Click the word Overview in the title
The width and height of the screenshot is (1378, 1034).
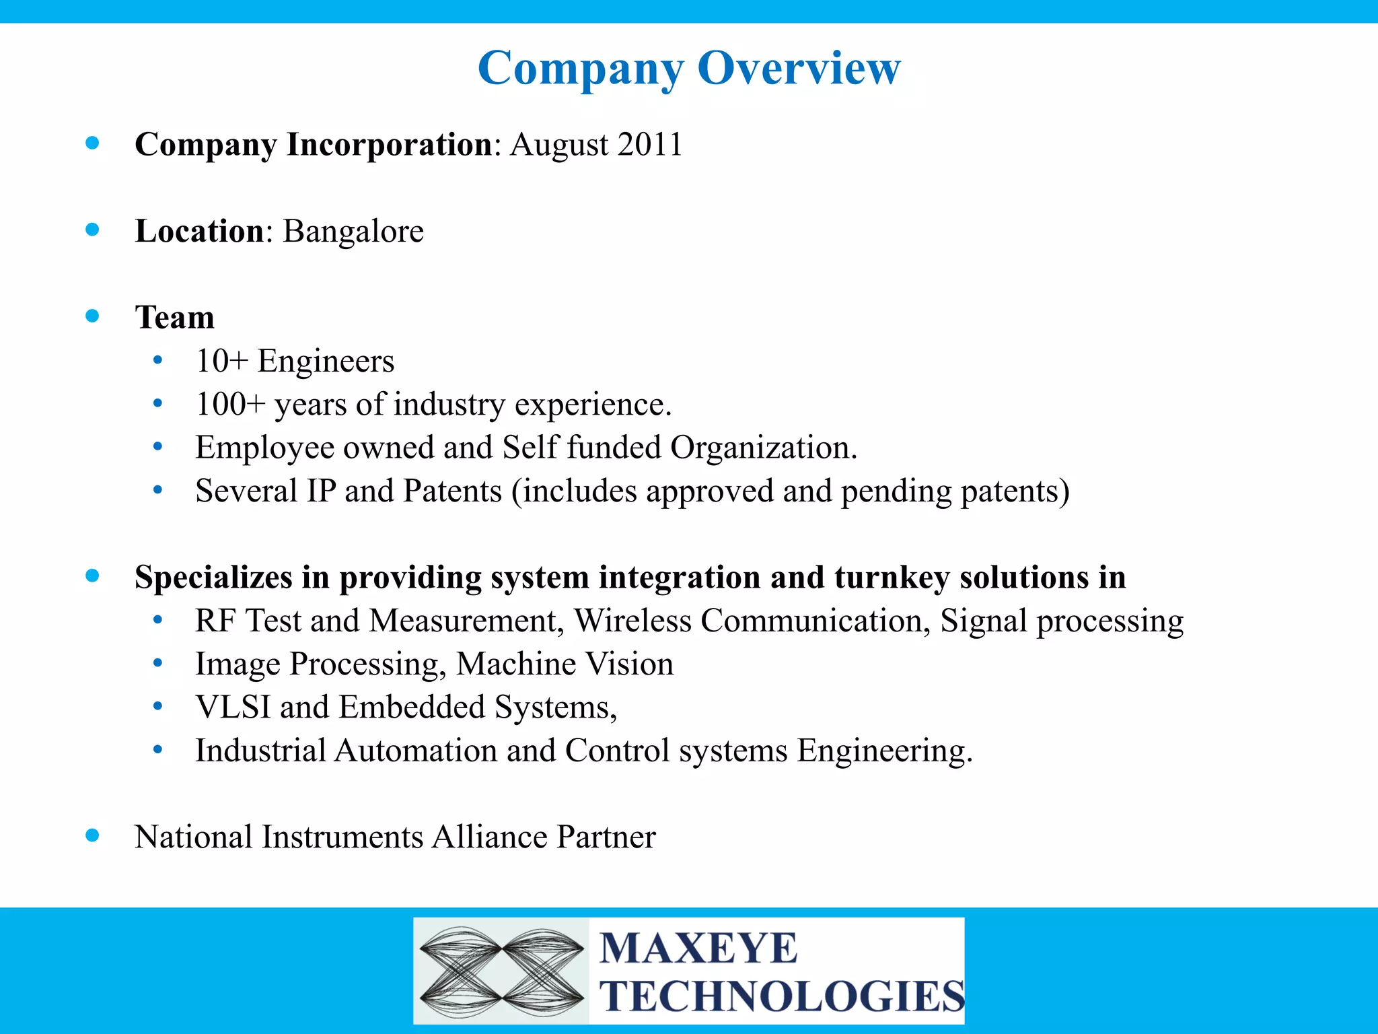(799, 68)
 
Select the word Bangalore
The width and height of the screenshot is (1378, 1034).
(353, 232)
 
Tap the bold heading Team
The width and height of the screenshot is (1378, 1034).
(175, 317)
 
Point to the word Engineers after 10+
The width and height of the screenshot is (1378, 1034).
(326, 361)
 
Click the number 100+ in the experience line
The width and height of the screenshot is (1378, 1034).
(230, 405)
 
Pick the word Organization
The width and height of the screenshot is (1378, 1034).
(763, 448)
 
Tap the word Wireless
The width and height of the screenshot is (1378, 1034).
(632, 621)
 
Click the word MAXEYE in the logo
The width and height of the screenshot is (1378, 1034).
(698, 949)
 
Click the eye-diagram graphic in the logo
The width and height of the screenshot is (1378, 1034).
(501, 971)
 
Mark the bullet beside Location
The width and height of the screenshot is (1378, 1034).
(93, 230)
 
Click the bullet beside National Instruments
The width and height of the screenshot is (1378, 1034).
(93, 836)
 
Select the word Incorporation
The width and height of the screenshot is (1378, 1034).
(390, 145)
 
